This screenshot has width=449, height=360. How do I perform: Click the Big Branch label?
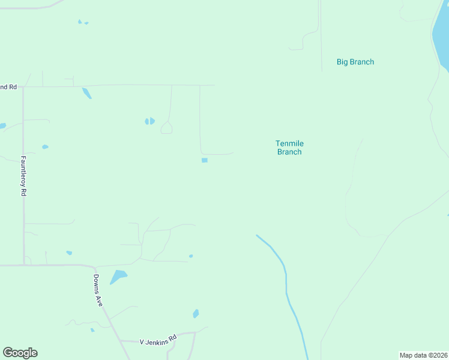(x=355, y=62)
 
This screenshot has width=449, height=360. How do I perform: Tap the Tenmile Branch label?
(x=289, y=148)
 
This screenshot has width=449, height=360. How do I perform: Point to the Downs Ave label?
(x=98, y=290)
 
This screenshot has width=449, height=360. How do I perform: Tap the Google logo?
(x=20, y=353)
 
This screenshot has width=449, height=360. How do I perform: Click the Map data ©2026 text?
(x=423, y=355)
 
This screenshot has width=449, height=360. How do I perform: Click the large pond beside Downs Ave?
(x=118, y=277)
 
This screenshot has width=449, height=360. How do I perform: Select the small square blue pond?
(x=205, y=160)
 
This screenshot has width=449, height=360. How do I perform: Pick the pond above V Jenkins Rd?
(x=196, y=314)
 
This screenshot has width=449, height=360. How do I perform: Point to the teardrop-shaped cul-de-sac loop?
(x=166, y=128)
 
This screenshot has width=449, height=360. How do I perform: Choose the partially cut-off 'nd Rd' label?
(x=8, y=87)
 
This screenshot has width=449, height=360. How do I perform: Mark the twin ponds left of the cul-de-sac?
(x=149, y=121)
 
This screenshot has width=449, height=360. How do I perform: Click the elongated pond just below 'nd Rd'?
(x=86, y=93)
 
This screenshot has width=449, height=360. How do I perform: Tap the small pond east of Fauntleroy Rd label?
(x=45, y=146)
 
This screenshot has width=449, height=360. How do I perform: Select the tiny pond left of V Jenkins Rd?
(x=92, y=329)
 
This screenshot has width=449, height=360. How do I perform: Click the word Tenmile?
(x=289, y=143)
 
